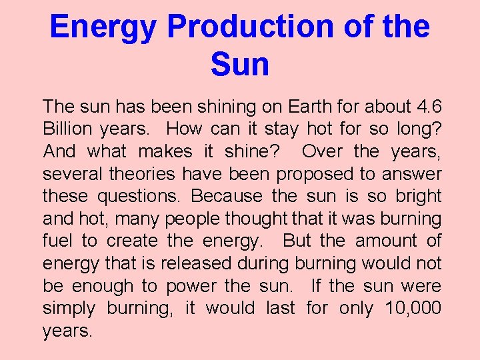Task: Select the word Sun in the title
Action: (x=240, y=65)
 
